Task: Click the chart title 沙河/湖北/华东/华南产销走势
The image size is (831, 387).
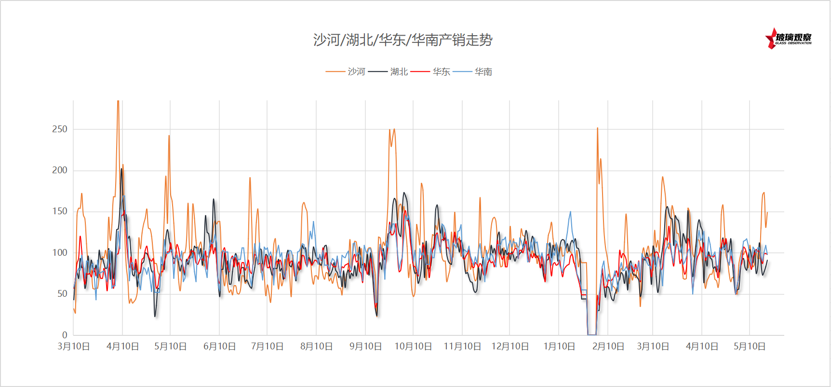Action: [x=402, y=40]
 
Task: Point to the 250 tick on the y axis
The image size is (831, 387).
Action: [x=60, y=129]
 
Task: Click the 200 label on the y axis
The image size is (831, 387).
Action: [x=60, y=170]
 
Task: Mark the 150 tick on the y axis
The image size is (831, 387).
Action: [x=60, y=211]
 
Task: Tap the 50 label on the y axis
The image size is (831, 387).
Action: [x=62, y=294]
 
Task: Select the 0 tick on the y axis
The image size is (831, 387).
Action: [x=65, y=335]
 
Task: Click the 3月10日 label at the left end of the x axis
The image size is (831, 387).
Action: [x=74, y=346]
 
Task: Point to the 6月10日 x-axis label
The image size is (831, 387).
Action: [x=219, y=346]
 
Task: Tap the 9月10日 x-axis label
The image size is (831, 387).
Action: [x=365, y=346]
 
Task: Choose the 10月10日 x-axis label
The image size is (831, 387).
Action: [x=413, y=346]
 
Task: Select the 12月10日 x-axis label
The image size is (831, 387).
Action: [x=510, y=346]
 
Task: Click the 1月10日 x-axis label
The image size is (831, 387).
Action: [x=559, y=346]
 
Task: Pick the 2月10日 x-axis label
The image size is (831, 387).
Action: [x=608, y=346]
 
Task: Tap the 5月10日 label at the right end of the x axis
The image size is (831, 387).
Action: [x=750, y=346]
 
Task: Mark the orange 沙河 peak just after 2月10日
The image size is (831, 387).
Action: [x=597, y=128]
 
